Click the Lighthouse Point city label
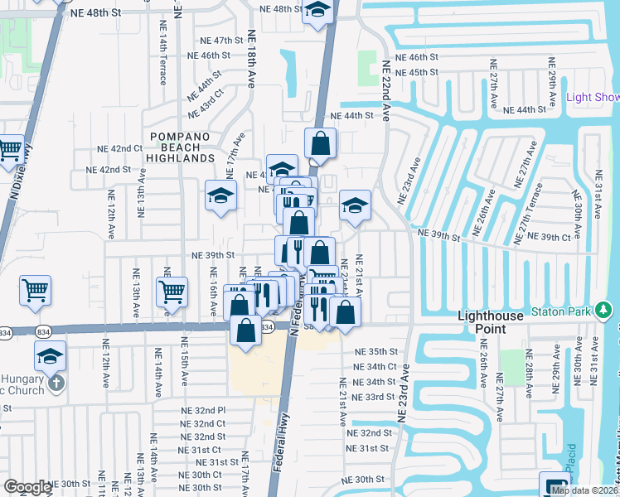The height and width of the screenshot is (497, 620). (495, 322)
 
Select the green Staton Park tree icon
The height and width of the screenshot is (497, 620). (604, 311)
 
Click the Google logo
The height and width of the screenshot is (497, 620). (27, 487)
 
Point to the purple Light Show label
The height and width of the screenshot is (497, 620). (593, 97)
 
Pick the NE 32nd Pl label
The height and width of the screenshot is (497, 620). (203, 410)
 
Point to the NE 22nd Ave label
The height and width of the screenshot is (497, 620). (386, 85)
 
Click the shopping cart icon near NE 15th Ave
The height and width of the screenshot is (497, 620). (172, 292)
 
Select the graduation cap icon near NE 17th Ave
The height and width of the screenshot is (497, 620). (220, 196)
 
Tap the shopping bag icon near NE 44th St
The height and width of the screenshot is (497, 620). (320, 144)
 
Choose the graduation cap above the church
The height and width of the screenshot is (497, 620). (51, 356)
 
